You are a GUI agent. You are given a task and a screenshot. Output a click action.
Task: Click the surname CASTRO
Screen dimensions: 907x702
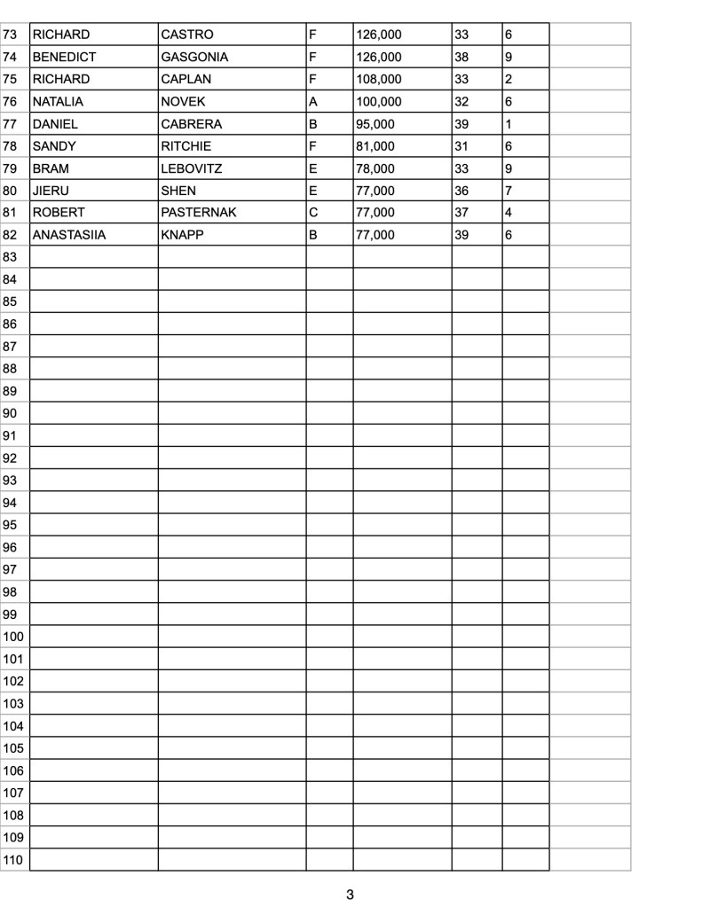(x=187, y=35)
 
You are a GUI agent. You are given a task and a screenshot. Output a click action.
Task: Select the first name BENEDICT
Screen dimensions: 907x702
(x=64, y=57)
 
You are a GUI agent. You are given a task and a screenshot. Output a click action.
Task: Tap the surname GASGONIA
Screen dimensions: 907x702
(x=194, y=57)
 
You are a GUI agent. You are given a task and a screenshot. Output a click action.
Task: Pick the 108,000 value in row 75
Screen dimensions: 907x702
(x=379, y=79)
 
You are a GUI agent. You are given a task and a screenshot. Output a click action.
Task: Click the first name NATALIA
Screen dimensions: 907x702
(x=58, y=102)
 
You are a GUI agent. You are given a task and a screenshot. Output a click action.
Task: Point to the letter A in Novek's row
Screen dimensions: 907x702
(x=312, y=102)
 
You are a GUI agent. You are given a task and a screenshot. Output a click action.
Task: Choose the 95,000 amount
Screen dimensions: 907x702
(x=375, y=124)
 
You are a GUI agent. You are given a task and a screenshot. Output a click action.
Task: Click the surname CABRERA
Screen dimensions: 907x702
(x=192, y=124)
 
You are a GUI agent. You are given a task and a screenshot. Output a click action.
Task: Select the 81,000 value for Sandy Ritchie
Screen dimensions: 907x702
(x=375, y=146)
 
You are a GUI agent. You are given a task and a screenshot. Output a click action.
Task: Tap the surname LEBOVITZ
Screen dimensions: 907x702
(x=192, y=168)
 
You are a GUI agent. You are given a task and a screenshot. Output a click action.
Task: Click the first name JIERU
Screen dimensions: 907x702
(x=51, y=191)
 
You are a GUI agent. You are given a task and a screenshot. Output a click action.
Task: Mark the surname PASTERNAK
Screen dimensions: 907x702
(x=199, y=213)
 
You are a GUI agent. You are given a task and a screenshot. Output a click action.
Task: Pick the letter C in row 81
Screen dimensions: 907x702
(x=312, y=213)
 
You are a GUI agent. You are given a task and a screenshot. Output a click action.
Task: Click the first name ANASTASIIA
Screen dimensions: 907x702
(x=69, y=235)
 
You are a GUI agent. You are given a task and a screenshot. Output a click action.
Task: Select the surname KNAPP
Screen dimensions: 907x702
(x=183, y=235)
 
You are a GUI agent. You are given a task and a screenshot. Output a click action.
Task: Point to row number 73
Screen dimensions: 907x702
(x=11, y=35)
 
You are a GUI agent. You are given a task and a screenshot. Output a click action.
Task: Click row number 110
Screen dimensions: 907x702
(x=13, y=859)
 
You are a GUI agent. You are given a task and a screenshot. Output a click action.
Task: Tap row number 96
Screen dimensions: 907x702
(x=11, y=547)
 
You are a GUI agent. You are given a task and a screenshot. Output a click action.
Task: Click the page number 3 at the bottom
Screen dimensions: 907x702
(x=351, y=894)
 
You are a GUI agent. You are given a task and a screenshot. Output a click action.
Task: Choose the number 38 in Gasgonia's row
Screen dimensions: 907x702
(x=461, y=57)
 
